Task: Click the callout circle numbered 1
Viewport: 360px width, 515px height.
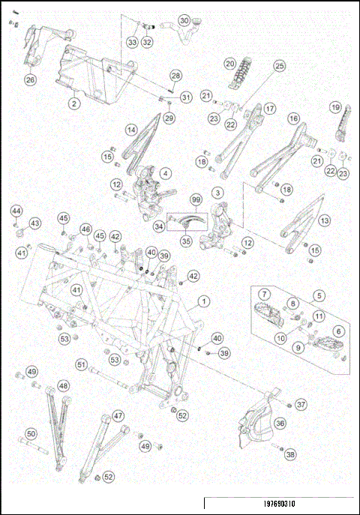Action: coord(204,301)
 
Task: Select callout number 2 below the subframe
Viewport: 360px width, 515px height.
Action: coord(74,103)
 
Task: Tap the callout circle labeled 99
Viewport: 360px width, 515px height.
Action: coord(196,199)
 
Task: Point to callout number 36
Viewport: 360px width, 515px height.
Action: coord(280,423)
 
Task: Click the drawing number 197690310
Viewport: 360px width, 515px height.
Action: coord(279,504)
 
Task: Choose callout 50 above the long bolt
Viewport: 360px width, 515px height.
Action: coord(31,434)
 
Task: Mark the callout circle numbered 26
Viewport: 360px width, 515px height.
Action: coord(31,79)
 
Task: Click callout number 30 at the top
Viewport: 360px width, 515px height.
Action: coord(184,21)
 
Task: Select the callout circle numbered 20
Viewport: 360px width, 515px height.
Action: coord(230,64)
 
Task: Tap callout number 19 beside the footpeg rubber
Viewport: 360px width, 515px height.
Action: coord(335,107)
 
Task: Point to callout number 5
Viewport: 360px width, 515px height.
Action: coord(319,295)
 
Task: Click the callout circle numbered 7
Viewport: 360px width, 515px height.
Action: coord(265,294)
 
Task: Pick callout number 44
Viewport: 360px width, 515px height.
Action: coord(16,211)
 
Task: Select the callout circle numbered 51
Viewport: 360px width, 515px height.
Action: coord(82,364)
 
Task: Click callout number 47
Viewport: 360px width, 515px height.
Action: coord(118,416)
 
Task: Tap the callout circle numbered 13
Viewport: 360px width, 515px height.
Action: coord(325,220)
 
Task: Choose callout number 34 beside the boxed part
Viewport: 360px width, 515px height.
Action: coord(159,226)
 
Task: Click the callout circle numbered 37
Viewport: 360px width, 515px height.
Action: coord(301,404)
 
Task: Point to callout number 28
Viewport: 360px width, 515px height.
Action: coord(175,76)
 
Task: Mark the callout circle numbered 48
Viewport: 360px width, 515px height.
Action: coord(64,386)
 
